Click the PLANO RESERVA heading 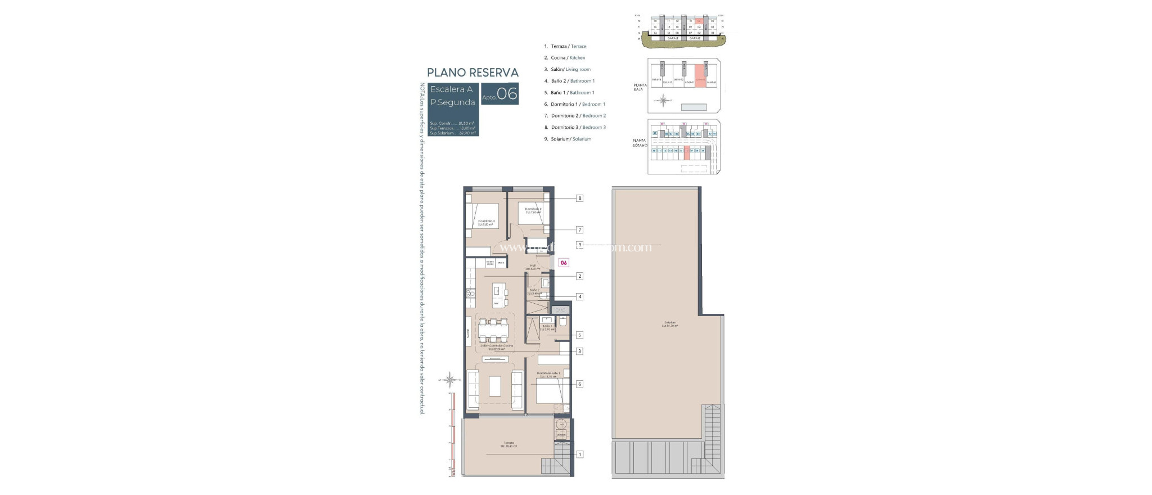point(472,73)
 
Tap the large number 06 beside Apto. point(507,94)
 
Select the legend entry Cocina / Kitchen point(565,58)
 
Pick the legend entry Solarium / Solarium point(568,139)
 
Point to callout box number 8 point(579,198)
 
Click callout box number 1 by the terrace point(579,454)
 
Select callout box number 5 point(579,335)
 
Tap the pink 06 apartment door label point(563,263)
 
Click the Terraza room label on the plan point(508,444)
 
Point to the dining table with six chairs point(102,331)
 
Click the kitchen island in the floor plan point(103,292)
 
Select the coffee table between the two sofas point(101,386)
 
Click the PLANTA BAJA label point(640,87)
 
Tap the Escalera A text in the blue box point(451,89)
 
